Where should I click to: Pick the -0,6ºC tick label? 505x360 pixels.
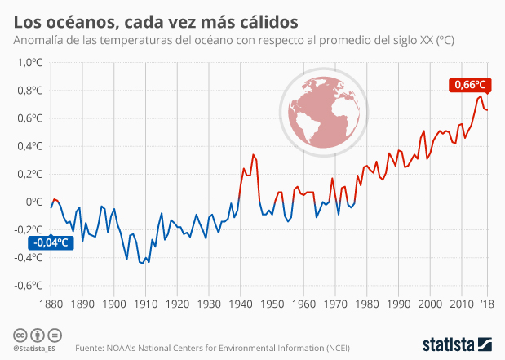29,286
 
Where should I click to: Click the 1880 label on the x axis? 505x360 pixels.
51,303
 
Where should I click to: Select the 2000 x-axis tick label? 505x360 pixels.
430,303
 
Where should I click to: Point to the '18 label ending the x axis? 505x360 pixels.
486,303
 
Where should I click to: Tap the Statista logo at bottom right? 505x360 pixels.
455,344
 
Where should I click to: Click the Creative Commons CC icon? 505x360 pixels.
18,336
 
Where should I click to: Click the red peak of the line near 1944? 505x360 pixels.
253,154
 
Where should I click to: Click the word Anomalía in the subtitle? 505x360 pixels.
41,39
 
